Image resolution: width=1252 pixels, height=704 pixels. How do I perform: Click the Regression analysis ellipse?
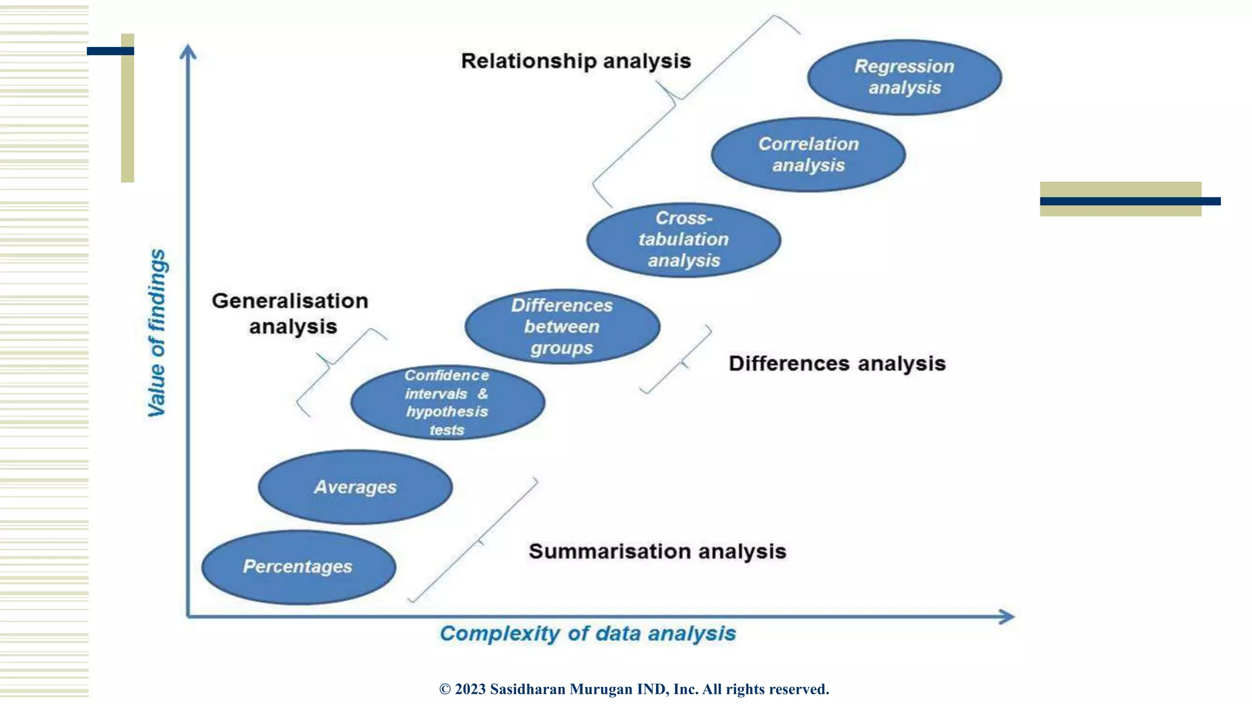904,77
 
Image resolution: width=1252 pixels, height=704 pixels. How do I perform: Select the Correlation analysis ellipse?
808,155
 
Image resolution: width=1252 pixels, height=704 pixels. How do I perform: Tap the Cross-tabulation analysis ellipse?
683,240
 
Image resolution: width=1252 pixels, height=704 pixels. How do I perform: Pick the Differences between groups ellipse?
562,326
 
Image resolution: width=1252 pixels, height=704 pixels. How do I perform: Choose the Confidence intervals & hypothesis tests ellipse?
447,402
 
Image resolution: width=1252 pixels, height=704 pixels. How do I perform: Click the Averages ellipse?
355,487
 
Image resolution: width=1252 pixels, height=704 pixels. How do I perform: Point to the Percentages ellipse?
298,566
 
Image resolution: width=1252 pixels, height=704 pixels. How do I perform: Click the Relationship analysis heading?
576,61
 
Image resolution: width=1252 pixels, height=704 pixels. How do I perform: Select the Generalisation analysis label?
291,313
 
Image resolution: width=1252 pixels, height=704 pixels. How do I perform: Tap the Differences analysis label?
837,364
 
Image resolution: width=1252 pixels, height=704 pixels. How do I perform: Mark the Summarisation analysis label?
657,551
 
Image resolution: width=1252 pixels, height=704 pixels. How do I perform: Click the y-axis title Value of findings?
157,333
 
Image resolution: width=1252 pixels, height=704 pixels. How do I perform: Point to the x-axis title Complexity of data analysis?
587,634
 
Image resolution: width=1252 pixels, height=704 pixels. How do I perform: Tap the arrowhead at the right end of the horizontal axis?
1006,617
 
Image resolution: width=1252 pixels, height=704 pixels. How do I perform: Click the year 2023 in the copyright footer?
470,689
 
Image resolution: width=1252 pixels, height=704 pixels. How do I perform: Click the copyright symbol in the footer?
445,689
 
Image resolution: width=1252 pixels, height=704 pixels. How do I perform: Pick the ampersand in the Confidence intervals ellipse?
483,394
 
